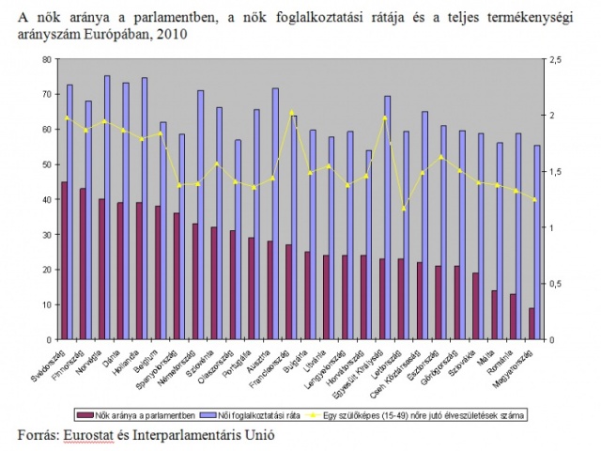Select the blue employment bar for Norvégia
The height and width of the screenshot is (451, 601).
pyautogui.click(x=106, y=207)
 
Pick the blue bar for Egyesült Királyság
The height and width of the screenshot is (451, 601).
pyautogui.click(x=387, y=217)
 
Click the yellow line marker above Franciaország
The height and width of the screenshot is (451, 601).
pyautogui.click(x=292, y=112)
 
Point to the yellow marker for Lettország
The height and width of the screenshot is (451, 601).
pyautogui.click(x=405, y=208)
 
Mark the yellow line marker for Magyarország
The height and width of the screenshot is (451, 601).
pyautogui.click(x=534, y=199)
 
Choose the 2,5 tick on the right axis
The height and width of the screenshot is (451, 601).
pyautogui.click(x=554, y=59)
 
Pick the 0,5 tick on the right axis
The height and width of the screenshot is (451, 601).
pyautogui.click(x=554, y=284)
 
